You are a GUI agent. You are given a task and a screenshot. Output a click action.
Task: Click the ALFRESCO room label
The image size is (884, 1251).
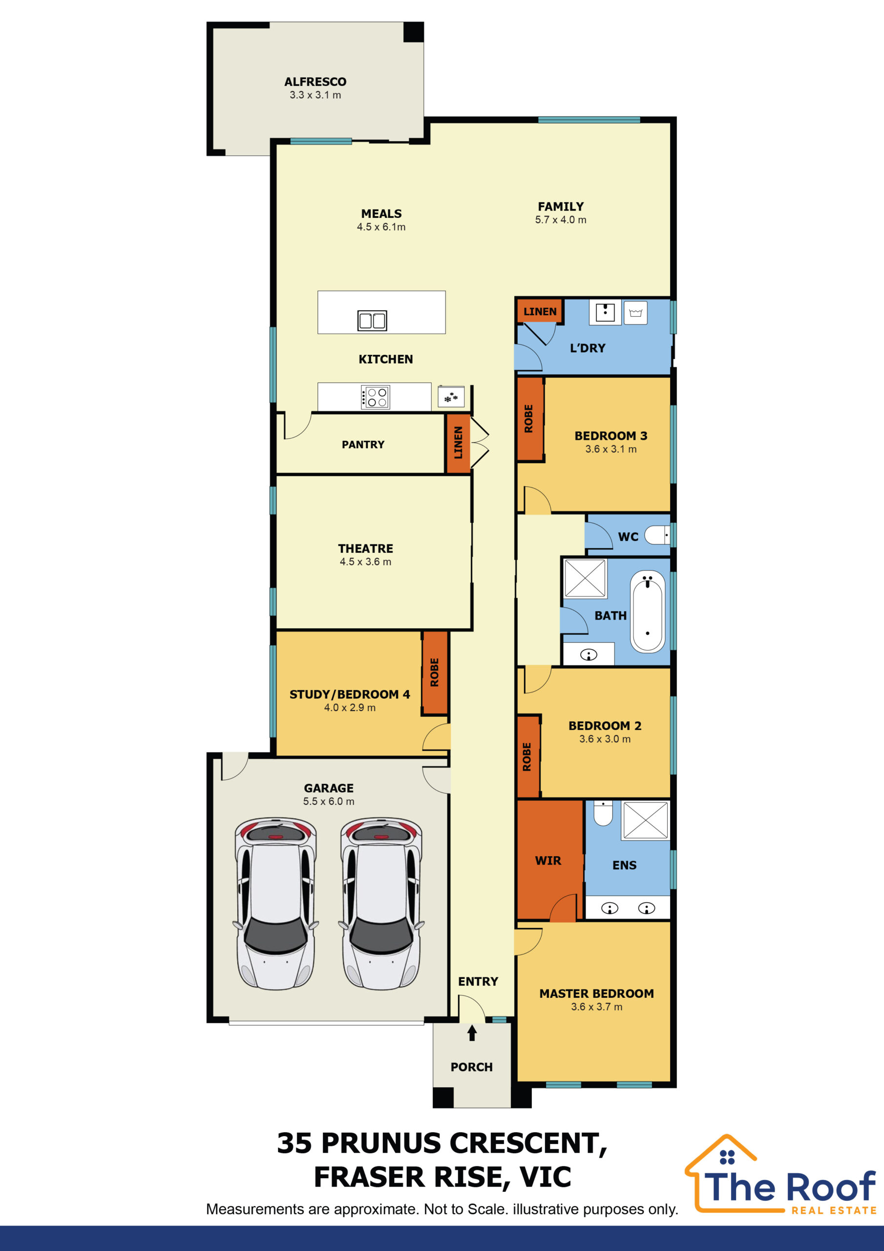tap(316, 82)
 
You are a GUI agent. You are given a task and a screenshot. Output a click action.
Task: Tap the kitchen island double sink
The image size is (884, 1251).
tap(372, 321)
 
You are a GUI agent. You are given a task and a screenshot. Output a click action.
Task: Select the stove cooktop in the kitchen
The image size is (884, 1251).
tap(375, 397)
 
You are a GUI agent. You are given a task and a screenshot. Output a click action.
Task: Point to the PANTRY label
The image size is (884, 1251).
tap(363, 445)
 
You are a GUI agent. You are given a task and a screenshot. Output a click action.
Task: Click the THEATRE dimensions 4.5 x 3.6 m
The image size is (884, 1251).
tap(365, 562)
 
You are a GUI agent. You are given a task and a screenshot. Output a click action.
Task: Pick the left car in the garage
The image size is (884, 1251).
tap(275, 904)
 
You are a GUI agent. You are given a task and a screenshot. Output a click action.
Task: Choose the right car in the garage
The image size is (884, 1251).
tap(381, 904)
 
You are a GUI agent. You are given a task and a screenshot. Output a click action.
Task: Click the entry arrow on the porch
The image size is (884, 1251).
tap(472, 1033)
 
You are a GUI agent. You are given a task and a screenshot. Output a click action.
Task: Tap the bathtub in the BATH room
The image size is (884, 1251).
tap(648, 611)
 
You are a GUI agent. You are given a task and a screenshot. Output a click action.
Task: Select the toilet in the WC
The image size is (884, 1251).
tap(657, 535)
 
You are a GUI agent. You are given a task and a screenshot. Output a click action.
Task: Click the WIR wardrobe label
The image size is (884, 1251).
tap(548, 861)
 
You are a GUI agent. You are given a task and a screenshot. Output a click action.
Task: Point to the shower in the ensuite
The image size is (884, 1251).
tap(646, 820)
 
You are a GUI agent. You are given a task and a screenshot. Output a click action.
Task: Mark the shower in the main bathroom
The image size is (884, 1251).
tap(585, 578)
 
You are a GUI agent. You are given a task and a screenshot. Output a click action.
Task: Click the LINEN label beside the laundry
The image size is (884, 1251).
tap(540, 312)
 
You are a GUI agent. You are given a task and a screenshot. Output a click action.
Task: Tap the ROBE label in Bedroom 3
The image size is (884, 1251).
tap(528, 418)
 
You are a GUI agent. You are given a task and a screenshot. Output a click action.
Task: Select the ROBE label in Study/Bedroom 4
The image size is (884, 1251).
tap(435, 672)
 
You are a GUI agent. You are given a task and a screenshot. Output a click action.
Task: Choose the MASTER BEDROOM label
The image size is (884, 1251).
tap(596, 993)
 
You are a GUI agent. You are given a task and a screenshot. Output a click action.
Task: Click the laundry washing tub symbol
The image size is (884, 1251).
tap(635, 313)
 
